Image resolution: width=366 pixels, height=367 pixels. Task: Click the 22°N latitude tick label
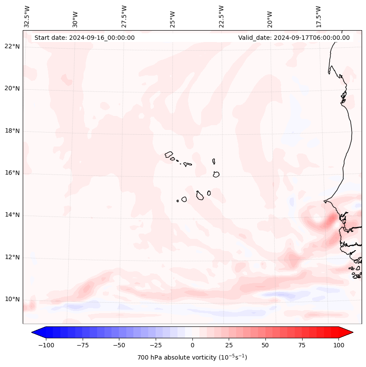pos(12,47)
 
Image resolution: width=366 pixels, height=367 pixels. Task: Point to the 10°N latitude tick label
pos(12,300)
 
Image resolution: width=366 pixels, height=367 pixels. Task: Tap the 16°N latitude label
pos(12,173)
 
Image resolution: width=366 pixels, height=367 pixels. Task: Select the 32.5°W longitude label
pos(27,17)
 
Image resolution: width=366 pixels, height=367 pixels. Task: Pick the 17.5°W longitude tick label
pos(318,17)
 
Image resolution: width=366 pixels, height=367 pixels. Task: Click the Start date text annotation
pos(84,38)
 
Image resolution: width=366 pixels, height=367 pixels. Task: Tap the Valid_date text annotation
pos(294,38)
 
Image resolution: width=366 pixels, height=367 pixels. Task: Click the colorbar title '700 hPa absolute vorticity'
pos(192,357)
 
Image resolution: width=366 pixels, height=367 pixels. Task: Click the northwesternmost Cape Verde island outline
pos(169,154)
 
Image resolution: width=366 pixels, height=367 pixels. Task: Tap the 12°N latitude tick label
pos(12,258)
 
